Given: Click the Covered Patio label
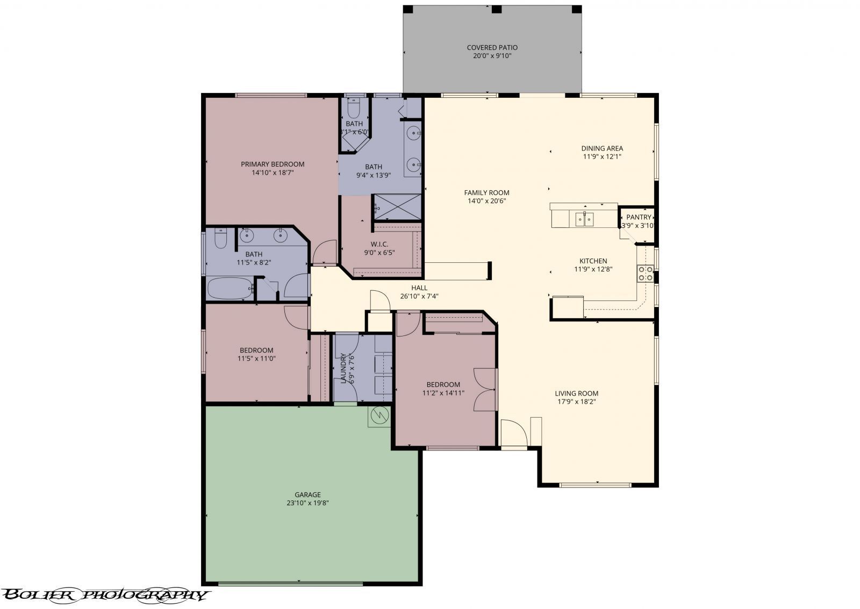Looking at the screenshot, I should (x=492, y=47).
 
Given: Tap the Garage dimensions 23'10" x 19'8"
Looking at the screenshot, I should (x=307, y=503).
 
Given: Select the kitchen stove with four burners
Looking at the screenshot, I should (x=646, y=274).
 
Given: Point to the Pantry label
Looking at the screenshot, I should (x=639, y=217).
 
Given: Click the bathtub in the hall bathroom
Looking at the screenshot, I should (x=230, y=289).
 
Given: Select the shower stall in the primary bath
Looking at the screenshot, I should (x=397, y=207).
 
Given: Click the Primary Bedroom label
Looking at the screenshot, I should (x=273, y=164).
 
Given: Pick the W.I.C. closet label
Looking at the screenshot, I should (x=379, y=244).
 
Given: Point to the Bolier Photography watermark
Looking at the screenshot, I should (x=105, y=594).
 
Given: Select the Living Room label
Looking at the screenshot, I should (x=576, y=393).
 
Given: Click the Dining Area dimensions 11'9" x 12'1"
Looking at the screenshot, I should (x=602, y=157).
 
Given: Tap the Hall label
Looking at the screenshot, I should (x=419, y=288).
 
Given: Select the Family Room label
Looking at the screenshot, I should (x=486, y=192).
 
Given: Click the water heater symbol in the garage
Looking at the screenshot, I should (x=380, y=415).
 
